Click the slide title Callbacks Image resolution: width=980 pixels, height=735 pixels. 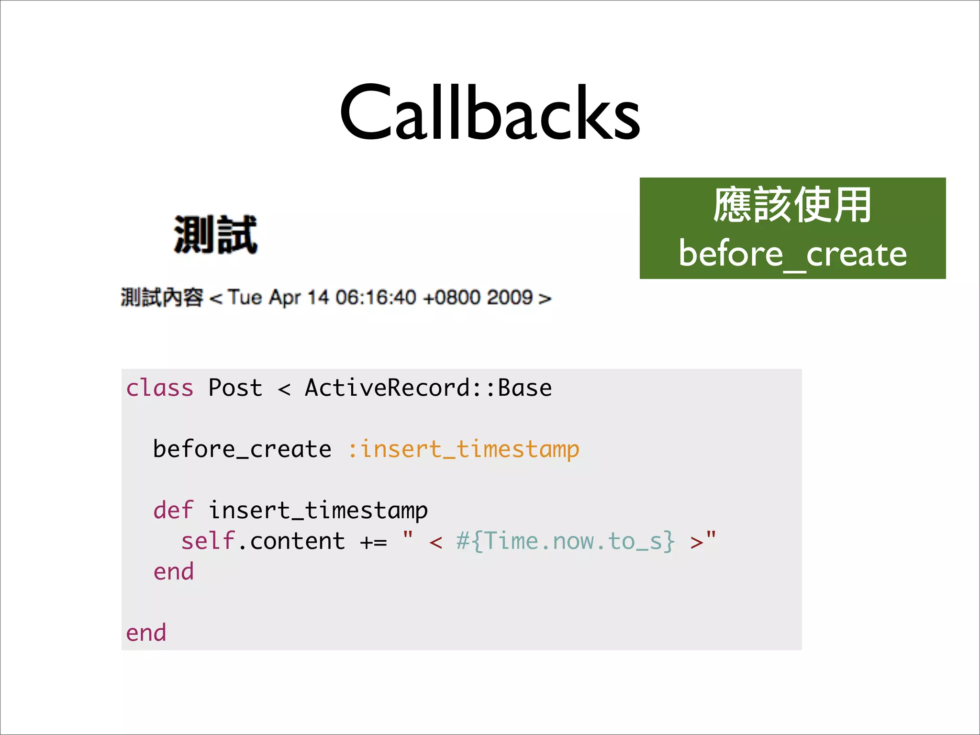tap(490, 113)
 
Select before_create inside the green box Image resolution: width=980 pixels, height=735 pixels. tap(792, 254)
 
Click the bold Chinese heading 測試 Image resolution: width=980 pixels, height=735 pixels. tap(215, 234)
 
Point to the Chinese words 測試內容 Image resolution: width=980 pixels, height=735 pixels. tap(162, 297)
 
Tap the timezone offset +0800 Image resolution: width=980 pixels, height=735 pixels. tap(451, 297)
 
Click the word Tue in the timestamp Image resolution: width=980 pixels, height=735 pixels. tap(245, 297)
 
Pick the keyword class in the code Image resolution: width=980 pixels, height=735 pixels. tap(159, 388)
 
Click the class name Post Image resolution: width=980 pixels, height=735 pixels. tap(235, 388)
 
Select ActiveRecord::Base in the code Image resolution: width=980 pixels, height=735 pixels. tap(428, 388)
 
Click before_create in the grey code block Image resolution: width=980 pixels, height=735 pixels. tap(242, 449)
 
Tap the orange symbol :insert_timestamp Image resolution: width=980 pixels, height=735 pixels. tap(463, 449)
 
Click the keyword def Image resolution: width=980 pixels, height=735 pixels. tap(173, 510)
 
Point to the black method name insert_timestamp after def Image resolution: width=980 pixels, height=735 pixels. tap(318, 510)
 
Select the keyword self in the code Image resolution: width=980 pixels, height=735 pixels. tap(208, 541)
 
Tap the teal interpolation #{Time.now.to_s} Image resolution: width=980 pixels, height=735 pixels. tap(565, 541)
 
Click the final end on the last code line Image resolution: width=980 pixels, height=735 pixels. tap(146, 633)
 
